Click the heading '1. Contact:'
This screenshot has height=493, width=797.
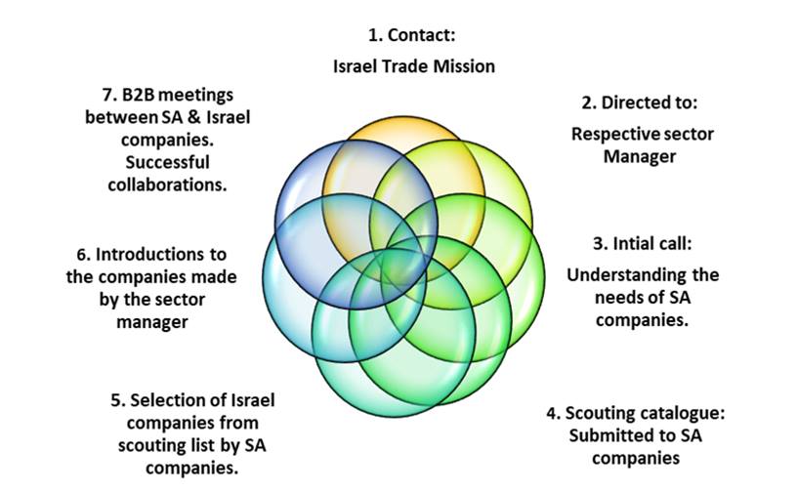pos(412,36)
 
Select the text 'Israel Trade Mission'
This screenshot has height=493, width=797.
pos(412,66)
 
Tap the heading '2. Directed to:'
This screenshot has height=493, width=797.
pos(640,103)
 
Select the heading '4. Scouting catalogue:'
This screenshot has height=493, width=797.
pos(635,412)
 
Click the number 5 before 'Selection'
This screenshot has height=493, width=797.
pos(117,400)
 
